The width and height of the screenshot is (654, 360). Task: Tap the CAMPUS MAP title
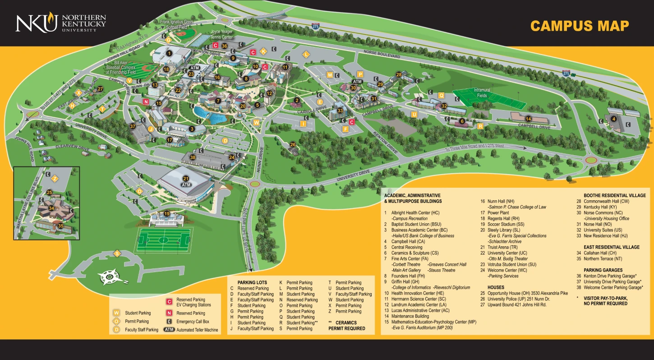(x=579, y=26)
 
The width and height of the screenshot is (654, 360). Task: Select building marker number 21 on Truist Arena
(x=186, y=179)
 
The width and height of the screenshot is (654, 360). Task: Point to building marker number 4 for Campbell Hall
(x=613, y=119)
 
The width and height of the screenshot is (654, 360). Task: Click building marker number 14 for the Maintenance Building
(x=528, y=119)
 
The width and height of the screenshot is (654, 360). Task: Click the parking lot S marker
(x=117, y=254)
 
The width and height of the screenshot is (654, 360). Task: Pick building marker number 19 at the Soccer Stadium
(x=166, y=214)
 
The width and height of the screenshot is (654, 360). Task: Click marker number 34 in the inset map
(x=51, y=208)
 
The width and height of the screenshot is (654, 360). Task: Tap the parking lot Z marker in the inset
(x=55, y=179)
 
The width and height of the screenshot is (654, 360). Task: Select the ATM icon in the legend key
(x=169, y=330)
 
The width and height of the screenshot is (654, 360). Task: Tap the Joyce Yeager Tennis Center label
(x=221, y=34)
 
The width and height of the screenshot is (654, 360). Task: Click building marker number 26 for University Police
(x=293, y=145)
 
